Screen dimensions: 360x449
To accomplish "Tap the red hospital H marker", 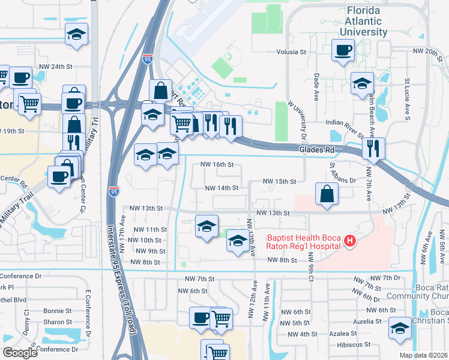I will click(x=351, y=242).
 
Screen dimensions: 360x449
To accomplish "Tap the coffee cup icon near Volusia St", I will click(x=344, y=51).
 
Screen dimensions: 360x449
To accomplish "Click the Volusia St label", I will click(x=291, y=52).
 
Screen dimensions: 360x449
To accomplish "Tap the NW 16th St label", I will click(x=216, y=164).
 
